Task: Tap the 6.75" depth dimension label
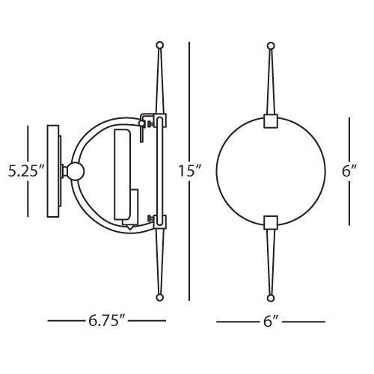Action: coord(105,322)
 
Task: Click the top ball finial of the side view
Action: coord(158,45)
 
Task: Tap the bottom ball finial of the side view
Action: coord(158,297)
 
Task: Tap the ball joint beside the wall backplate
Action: coord(75,171)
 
